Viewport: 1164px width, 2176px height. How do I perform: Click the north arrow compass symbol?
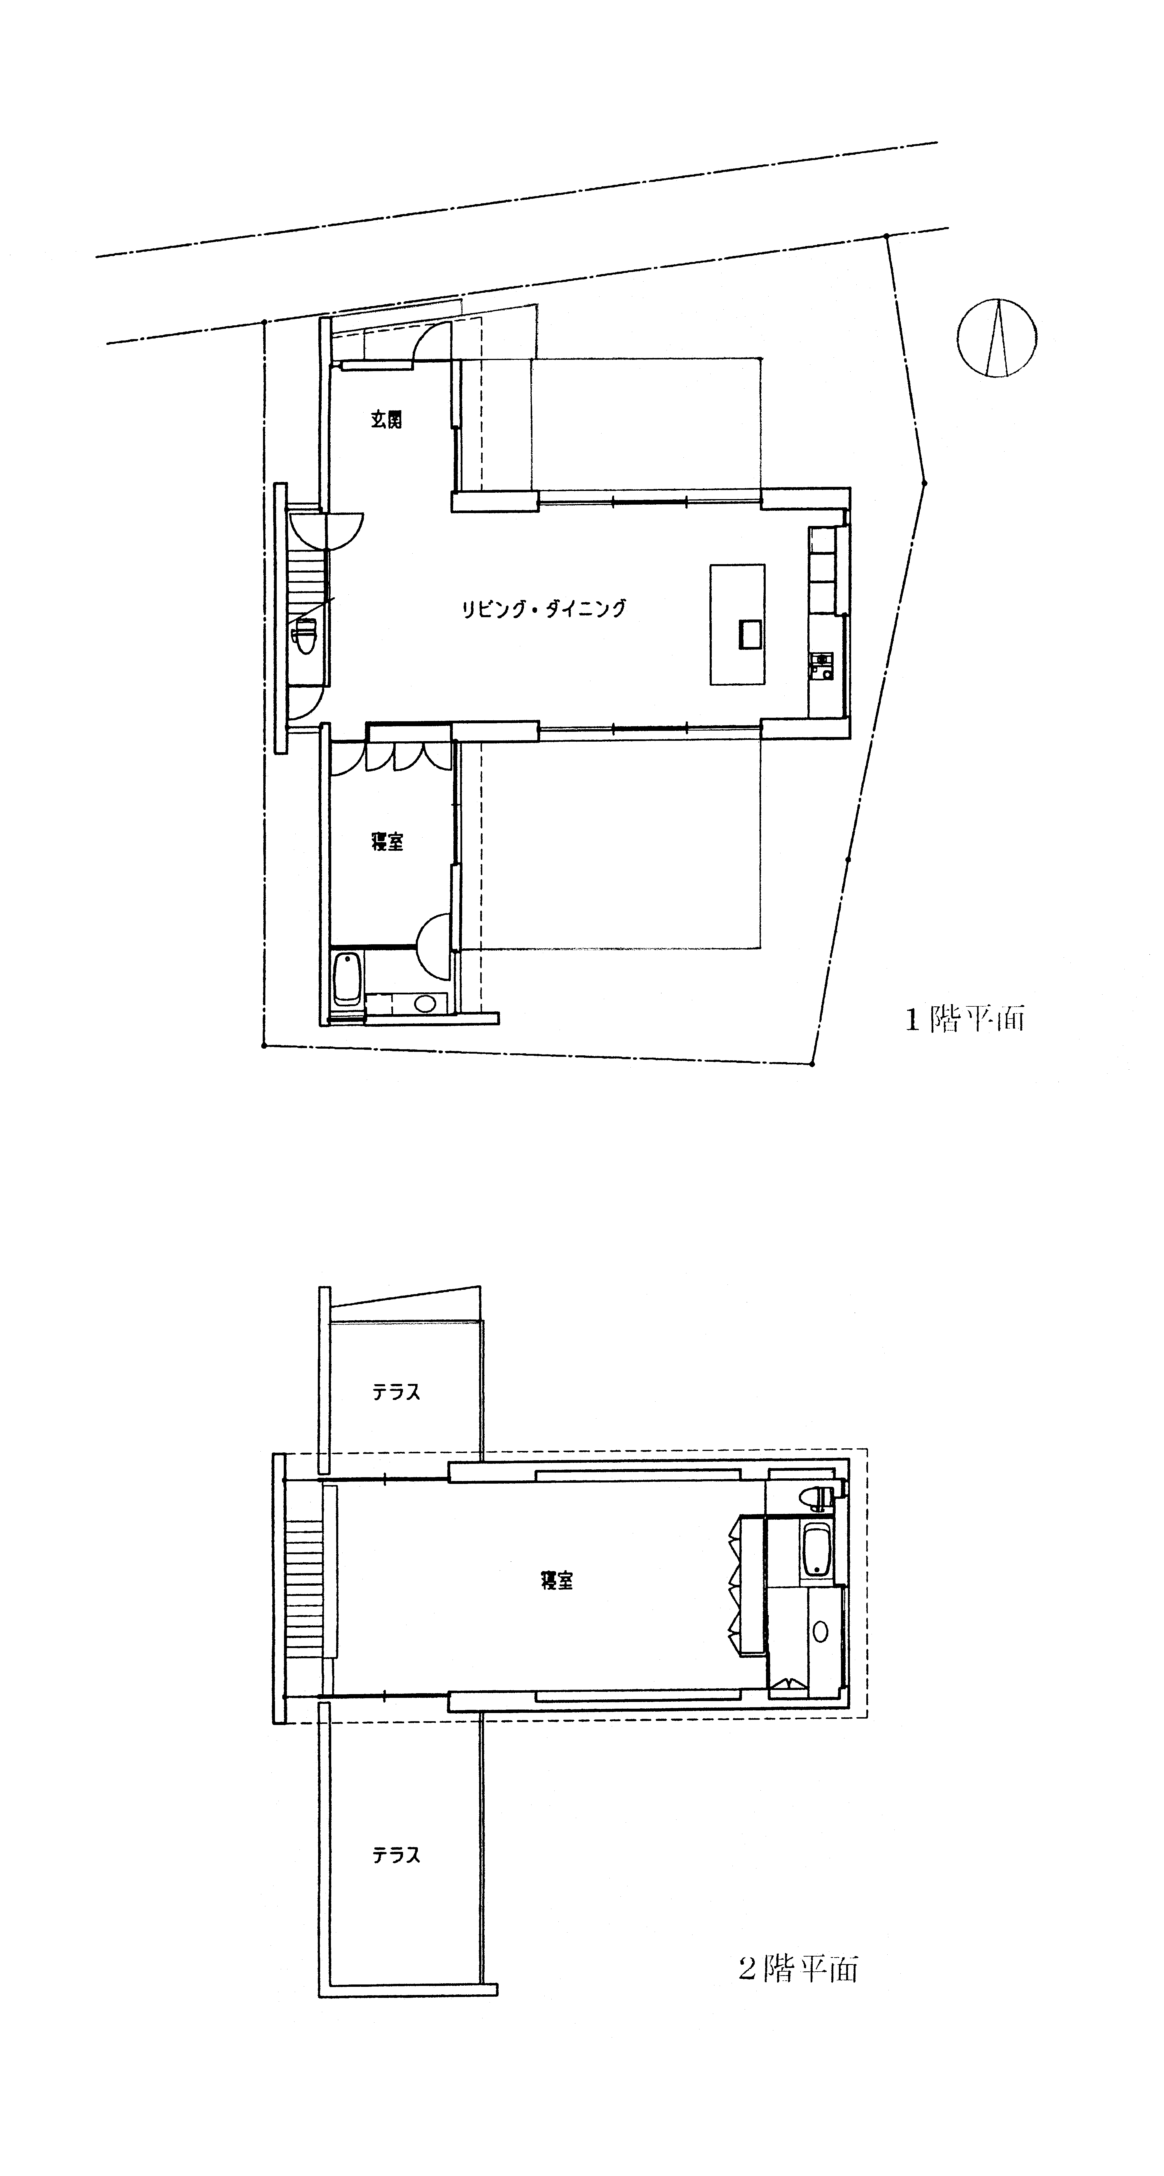pos(998,338)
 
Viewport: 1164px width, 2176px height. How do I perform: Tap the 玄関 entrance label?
pos(387,420)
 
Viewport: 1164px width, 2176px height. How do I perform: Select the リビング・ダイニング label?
pos(543,608)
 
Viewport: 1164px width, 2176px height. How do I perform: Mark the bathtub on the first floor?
pos(347,980)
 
